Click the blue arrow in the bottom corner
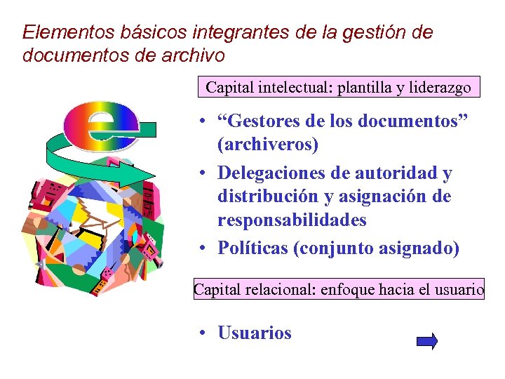[x=426, y=342]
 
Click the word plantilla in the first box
[x=365, y=88]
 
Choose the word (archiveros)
[x=268, y=145]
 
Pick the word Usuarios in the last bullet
[x=255, y=333]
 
